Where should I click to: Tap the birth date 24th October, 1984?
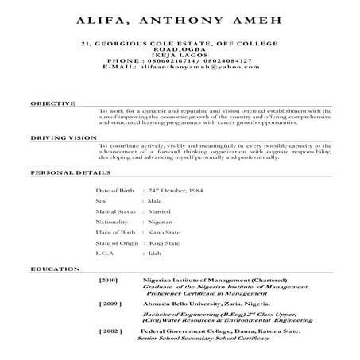(x=176, y=192)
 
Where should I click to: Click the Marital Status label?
(x=114, y=216)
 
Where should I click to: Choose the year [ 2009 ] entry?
(x=110, y=304)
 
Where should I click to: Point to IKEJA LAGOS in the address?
(x=179, y=54)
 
